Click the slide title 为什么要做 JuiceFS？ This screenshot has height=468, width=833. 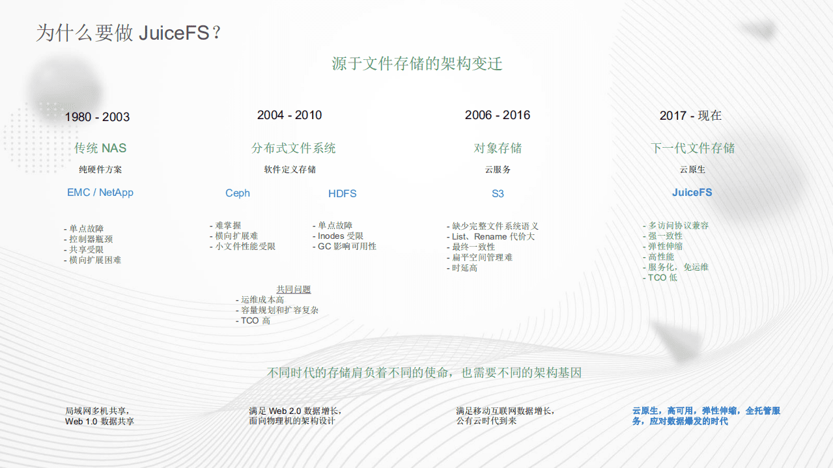tap(129, 33)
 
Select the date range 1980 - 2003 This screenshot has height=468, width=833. tap(97, 117)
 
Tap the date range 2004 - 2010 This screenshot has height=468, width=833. tap(289, 115)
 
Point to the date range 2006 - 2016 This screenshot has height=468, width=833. tap(498, 115)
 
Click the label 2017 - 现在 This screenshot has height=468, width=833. tap(690, 116)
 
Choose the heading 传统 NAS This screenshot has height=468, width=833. tap(100, 148)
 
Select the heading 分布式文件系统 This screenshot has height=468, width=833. tap(294, 148)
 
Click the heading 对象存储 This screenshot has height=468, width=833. tap(498, 148)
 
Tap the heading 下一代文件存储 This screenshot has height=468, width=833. tap(692, 148)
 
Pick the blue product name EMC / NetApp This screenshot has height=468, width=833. tap(100, 193)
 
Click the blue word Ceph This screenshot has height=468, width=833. tap(238, 193)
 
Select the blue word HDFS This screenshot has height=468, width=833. tap(343, 194)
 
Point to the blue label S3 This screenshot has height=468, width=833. tap(498, 194)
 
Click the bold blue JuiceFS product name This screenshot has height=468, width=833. tap(692, 193)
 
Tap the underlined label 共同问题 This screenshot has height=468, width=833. tap(294, 290)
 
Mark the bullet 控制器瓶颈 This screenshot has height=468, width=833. tap(93, 240)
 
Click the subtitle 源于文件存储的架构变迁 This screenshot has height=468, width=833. tap(417, 64)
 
